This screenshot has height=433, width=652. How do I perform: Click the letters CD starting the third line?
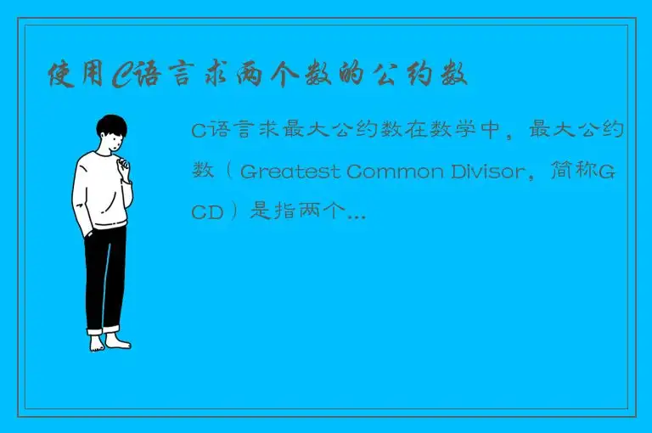pyautogui.click(x=207, y=212)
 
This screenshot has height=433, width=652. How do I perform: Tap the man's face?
pyautogui.click(x=114, y=139)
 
